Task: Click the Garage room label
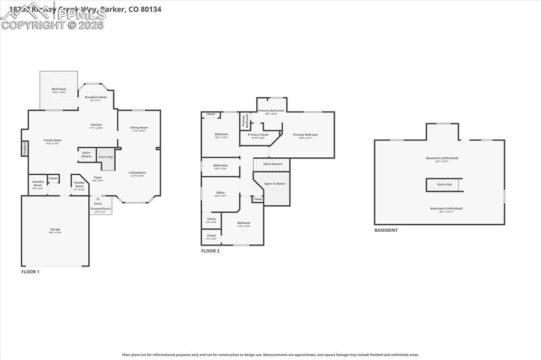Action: click(x=55, y=230)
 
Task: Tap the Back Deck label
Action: click(x=59, y=90)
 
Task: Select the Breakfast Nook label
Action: click(x=96, y=98)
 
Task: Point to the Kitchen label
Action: click(x=96, y=125)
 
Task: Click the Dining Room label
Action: click(x=139, y=128)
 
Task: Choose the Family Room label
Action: click(x=52, y=140)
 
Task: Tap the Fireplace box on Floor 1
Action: click(x=24, y=148)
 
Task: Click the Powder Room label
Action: click(x=79, y=185)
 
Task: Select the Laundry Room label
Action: click(x=38, y=184)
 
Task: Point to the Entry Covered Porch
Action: click(x=100, y=206)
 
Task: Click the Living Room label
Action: click(x=137, y=173)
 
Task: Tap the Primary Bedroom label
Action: click(x=305, y=135)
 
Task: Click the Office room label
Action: click(x=220, y=193)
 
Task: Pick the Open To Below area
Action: click(x=275, y=184)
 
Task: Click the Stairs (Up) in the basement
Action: click(x=444, y=184)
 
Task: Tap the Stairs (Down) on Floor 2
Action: click(x=272, y=164)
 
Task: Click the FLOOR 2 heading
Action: click(x=210, y=251)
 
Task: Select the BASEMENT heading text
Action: click(x=386, y=230)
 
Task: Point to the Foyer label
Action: click(x=98, y=178)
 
